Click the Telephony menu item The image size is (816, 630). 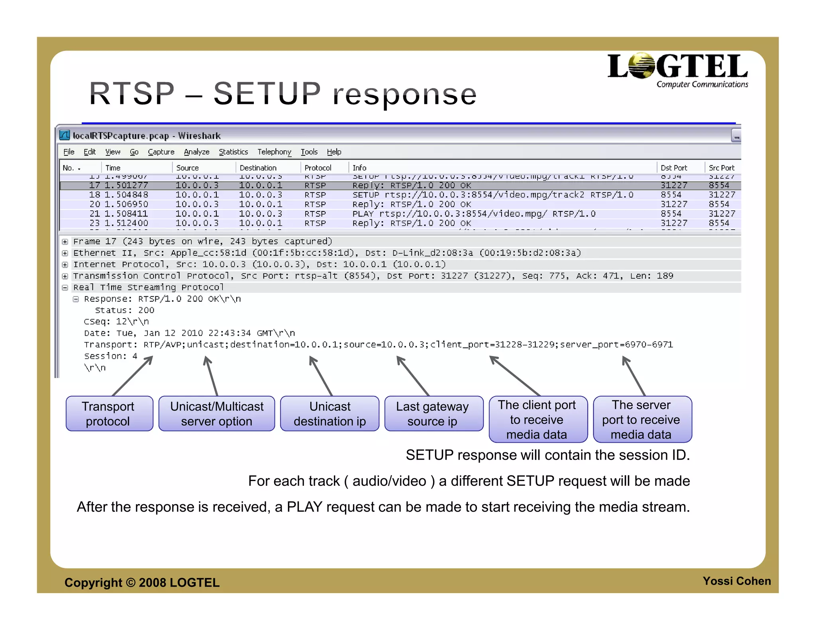(274, 152)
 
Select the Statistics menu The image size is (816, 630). (233, 152)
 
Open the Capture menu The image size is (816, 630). (161, 152)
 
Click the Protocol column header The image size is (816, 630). (318, 168)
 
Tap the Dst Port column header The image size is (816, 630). (674, 168)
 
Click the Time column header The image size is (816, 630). (113, 168)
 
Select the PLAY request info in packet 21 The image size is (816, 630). (474, 214)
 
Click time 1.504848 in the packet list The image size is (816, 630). (126, 195)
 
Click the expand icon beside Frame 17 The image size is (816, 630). (65, 242)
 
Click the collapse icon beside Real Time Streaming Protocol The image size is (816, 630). (65, 288)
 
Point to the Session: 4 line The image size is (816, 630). (110, 356)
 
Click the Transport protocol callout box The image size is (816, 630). (109, 413)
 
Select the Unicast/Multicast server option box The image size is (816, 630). (216, 413)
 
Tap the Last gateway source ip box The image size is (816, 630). (433, 413)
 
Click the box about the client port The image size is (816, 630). (538, 419)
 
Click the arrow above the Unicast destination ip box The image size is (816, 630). (321, 375)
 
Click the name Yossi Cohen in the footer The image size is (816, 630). (736, 581)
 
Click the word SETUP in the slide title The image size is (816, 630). (267, 94)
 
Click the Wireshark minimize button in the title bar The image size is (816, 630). (736, 136)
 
